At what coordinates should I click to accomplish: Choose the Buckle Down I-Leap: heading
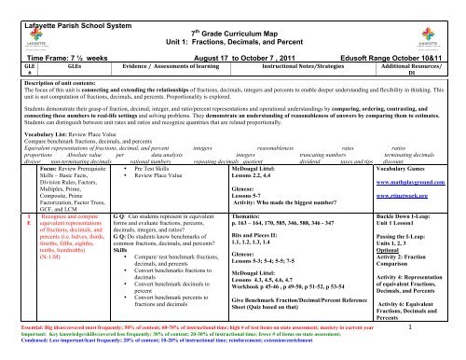pos(407,240)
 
